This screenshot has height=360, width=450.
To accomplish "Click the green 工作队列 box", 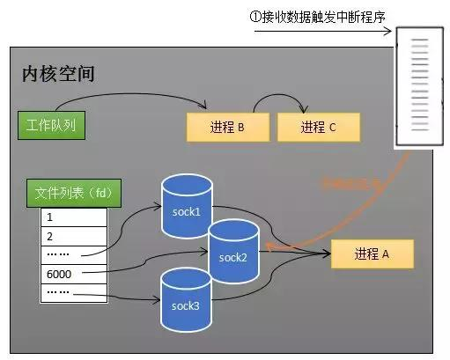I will (x=50, y=126).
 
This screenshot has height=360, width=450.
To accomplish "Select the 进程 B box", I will (x=225, y=127).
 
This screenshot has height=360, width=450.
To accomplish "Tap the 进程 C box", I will (x=318, y=127).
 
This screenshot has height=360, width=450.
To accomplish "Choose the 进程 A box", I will (x=371, y=253).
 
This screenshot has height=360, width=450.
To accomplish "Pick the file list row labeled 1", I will (x=73, y=217).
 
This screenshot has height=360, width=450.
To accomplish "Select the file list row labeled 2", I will (x=73, y=236).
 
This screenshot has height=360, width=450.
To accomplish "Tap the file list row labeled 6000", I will (x=73, y=274).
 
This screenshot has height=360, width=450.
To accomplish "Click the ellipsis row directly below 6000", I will (x=73, y=291).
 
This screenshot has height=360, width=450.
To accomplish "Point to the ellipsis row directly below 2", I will (x=73, y=254).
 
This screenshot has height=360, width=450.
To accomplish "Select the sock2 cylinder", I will (x=233, y=256).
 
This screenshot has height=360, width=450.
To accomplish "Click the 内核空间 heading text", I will (x=58, y=74).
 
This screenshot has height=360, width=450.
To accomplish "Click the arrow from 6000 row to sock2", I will (x=159, y=261).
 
